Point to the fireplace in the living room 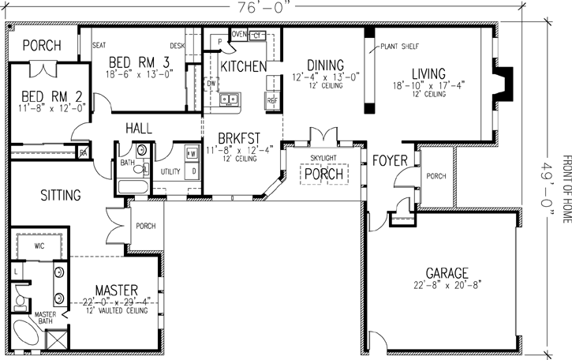501,82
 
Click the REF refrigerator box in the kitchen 273,101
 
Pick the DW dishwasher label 211,82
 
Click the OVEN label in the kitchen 237,35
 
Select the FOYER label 390,161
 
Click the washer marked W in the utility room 192,152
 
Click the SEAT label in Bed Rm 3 99,46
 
